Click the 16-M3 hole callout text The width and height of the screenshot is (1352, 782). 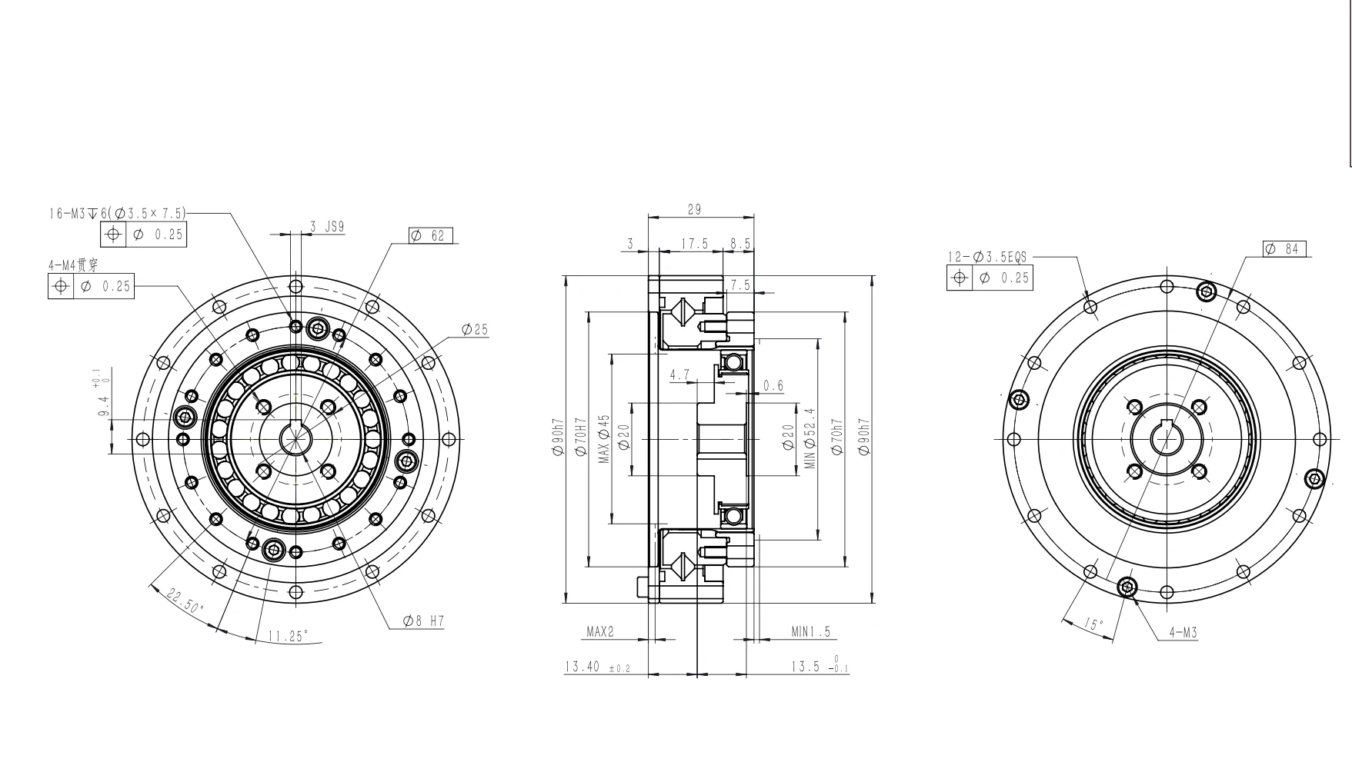coord(118,213)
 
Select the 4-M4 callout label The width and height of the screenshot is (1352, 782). coord(73,265)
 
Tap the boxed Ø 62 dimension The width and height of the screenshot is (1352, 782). coord(431,236)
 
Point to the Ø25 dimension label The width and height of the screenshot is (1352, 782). coord(475,330)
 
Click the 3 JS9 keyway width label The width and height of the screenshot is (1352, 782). coord(327,227)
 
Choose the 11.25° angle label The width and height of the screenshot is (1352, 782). coord(288,636)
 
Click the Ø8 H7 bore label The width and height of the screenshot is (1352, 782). coord(423,621)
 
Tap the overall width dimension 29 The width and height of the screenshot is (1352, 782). coord(693,209)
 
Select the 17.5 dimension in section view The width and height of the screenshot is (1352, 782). coord(694,244)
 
